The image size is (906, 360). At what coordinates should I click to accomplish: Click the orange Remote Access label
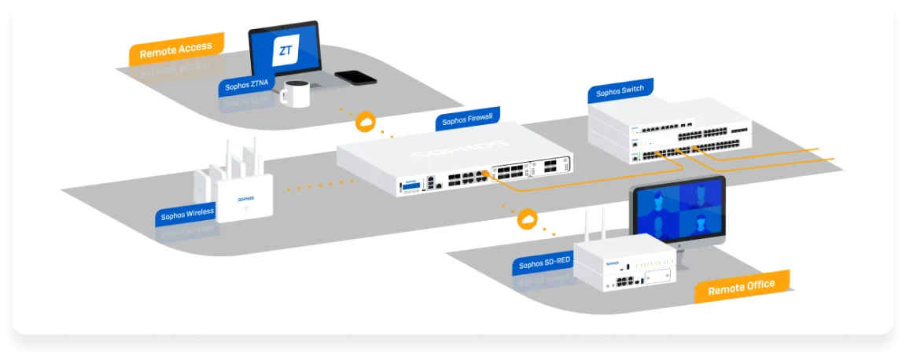coord(175,51)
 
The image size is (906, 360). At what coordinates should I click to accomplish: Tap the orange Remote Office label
coord(741,287)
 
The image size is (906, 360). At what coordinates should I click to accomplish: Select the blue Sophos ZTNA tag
coord(247,85)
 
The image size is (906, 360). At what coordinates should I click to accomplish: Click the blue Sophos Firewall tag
coord(467,119)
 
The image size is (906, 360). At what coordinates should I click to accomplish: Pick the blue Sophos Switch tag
coord(620,92)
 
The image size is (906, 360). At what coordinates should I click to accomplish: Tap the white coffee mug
coord(294,94)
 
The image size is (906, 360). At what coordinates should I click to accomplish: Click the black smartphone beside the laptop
coord(355,77)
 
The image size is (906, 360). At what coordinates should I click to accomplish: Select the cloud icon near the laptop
coord(366,122)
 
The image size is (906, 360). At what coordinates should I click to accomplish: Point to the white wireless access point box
coord(245,198)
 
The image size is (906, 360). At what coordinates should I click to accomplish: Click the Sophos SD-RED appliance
coord(626,263)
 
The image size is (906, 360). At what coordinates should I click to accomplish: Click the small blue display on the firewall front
coord(410,187)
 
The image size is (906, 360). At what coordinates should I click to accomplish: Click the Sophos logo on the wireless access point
coord(245,200)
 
